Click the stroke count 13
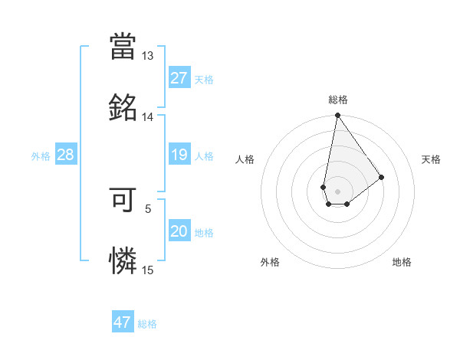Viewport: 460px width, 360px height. point(147,56)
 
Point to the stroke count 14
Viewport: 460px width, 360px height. point(147,117)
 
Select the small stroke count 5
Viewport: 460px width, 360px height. point(148,208)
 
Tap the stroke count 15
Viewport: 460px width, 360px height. point(147,270)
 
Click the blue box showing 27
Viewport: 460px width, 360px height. point(179,77)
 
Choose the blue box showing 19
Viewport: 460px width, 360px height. point(179,155)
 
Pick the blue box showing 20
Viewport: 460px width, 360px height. point(179,231)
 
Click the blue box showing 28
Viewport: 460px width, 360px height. point(65,155)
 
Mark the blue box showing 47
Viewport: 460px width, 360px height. point(122,322)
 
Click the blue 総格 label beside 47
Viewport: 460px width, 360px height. point(147,324)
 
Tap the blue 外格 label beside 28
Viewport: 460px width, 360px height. point(41,156)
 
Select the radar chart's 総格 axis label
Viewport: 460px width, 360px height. point(338,100)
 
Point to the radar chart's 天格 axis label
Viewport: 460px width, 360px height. point(432,159)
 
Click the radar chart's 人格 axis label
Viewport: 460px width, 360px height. point(245,159)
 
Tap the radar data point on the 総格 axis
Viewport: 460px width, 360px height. point(337,116)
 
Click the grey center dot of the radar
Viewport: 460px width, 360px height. point(337,190)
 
